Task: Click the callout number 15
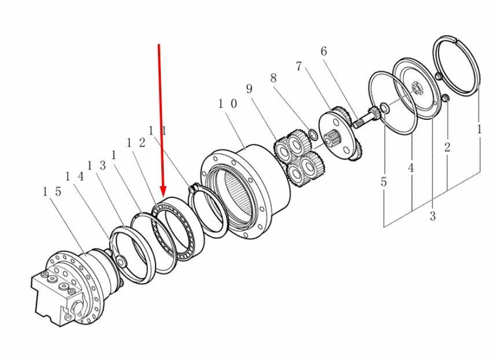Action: [52, 192]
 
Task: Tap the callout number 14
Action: [75, 177]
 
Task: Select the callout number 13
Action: [96, 166]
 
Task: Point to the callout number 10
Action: [227, 104]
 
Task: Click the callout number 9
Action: [249, 89]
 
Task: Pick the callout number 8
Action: [273, 78]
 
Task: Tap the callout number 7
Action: [298, 67]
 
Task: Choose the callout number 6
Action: [324, 52]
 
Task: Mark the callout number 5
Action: [384, 182]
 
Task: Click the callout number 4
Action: [411, 168]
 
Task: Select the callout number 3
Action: [433, 216]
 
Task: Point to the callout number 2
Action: [447, 147]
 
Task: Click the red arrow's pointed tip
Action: [163, 195]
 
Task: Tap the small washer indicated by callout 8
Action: [314, 135]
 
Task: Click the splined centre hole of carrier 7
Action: [333, 139]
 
